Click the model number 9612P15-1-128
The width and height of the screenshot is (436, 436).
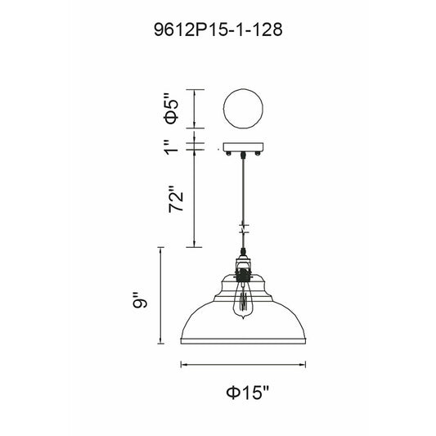(x=218, y=29)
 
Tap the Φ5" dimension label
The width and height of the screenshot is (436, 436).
(x=172, y=109)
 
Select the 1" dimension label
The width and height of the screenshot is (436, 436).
(x=172, y=146)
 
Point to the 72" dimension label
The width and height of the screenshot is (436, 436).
(x=176, y=198)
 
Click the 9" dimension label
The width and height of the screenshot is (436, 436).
(x=139, y=300)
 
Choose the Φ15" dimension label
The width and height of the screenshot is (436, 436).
(x=248, y=393)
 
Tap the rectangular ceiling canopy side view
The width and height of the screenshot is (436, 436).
(x=243, y=147)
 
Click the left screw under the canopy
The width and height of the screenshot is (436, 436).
(x=228, y=154)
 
